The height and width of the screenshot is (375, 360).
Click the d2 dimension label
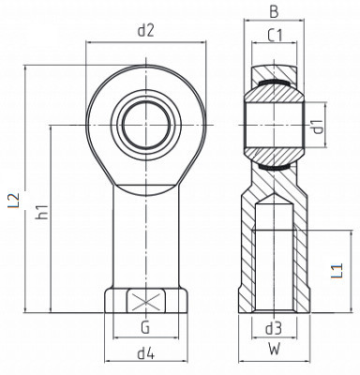tap(146, 31)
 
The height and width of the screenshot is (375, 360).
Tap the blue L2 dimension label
tap(14, 201)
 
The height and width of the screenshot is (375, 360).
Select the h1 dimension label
tap(42, 212)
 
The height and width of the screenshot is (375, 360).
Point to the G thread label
tap(145, 327)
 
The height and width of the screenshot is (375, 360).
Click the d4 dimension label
tap(146, 353)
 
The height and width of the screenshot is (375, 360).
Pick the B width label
tap(274, 12)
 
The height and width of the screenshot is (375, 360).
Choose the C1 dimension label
tap(275, 36)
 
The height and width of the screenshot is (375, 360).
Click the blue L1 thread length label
tap(337, 271)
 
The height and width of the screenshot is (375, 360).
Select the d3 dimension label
tap(274, 328)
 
